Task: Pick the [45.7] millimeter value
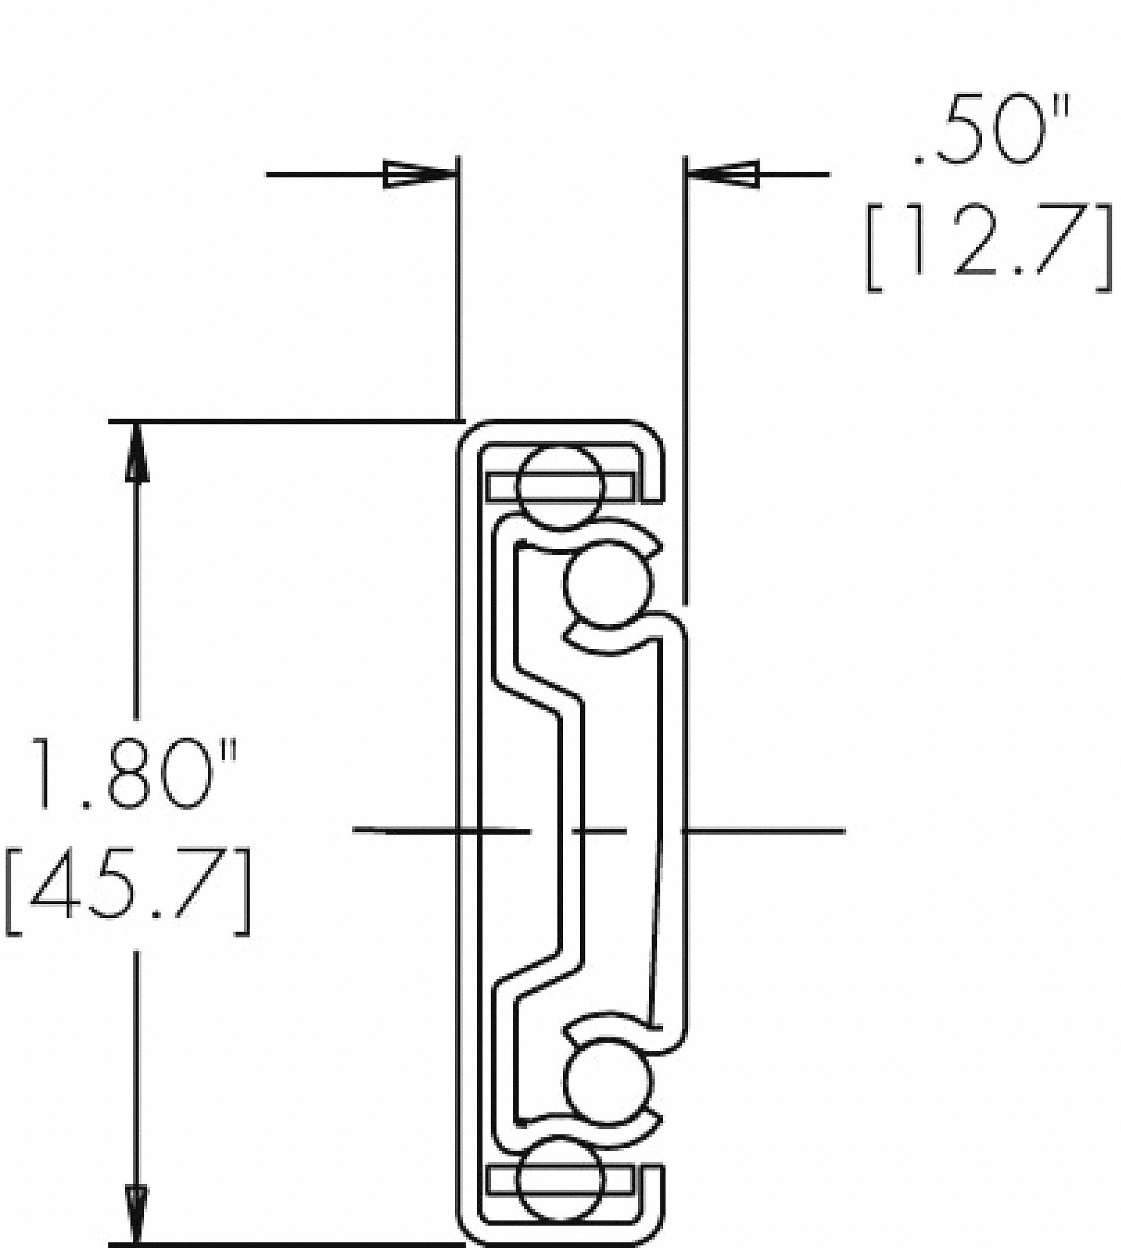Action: tap(128, 890)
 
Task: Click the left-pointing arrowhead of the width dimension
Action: tap(724, 174)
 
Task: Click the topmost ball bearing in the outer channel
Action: tap(560, 487)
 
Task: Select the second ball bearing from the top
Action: tap(608, 583)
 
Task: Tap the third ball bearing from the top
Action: tap(608, 1081)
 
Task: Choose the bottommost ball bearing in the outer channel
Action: tap(560, 1181)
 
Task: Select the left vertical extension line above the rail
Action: tap(459, 287)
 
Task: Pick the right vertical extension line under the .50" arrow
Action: tap(685, 374)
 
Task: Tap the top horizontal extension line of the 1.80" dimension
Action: tap(281, 422)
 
